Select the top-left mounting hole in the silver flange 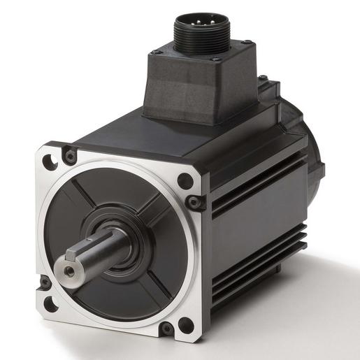(50, 162)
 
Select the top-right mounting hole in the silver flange (185, 180)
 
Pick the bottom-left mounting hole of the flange (50, 304)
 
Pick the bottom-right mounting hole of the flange (185, 326)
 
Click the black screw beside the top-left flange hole (69, 155)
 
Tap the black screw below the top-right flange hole (195, 203)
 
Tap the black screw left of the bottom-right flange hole (166, 328)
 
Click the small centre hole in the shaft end (68, 268)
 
